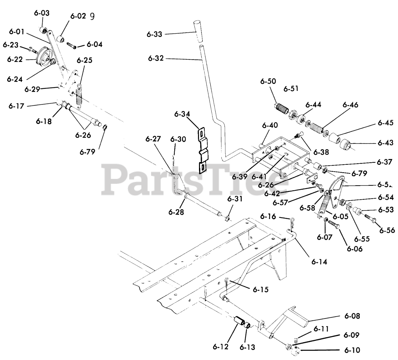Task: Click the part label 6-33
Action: tap(155, 34)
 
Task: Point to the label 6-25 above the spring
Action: tap(84, 60)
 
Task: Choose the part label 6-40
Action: tap(270, 126)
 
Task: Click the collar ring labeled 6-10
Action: tap(296, 351)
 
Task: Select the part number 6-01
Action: tap(17, 31)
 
